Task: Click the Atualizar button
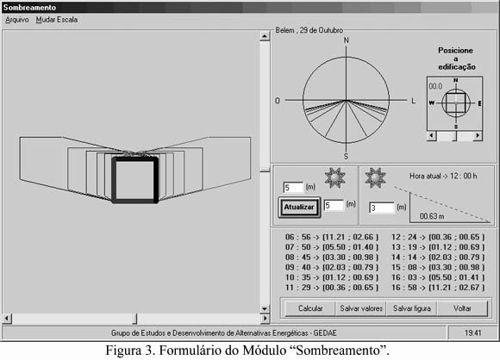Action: pos(299,207)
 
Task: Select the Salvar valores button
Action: pos(361,308)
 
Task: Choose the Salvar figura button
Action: pos(412,308)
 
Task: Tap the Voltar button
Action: pos(462,308)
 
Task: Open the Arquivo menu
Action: pos(17,20)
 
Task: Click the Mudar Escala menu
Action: pos(57,20)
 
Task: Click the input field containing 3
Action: pos(382,208)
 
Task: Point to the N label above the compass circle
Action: pos(347,40)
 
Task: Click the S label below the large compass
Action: pos(346,157)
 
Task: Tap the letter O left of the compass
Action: pos(278,101)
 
